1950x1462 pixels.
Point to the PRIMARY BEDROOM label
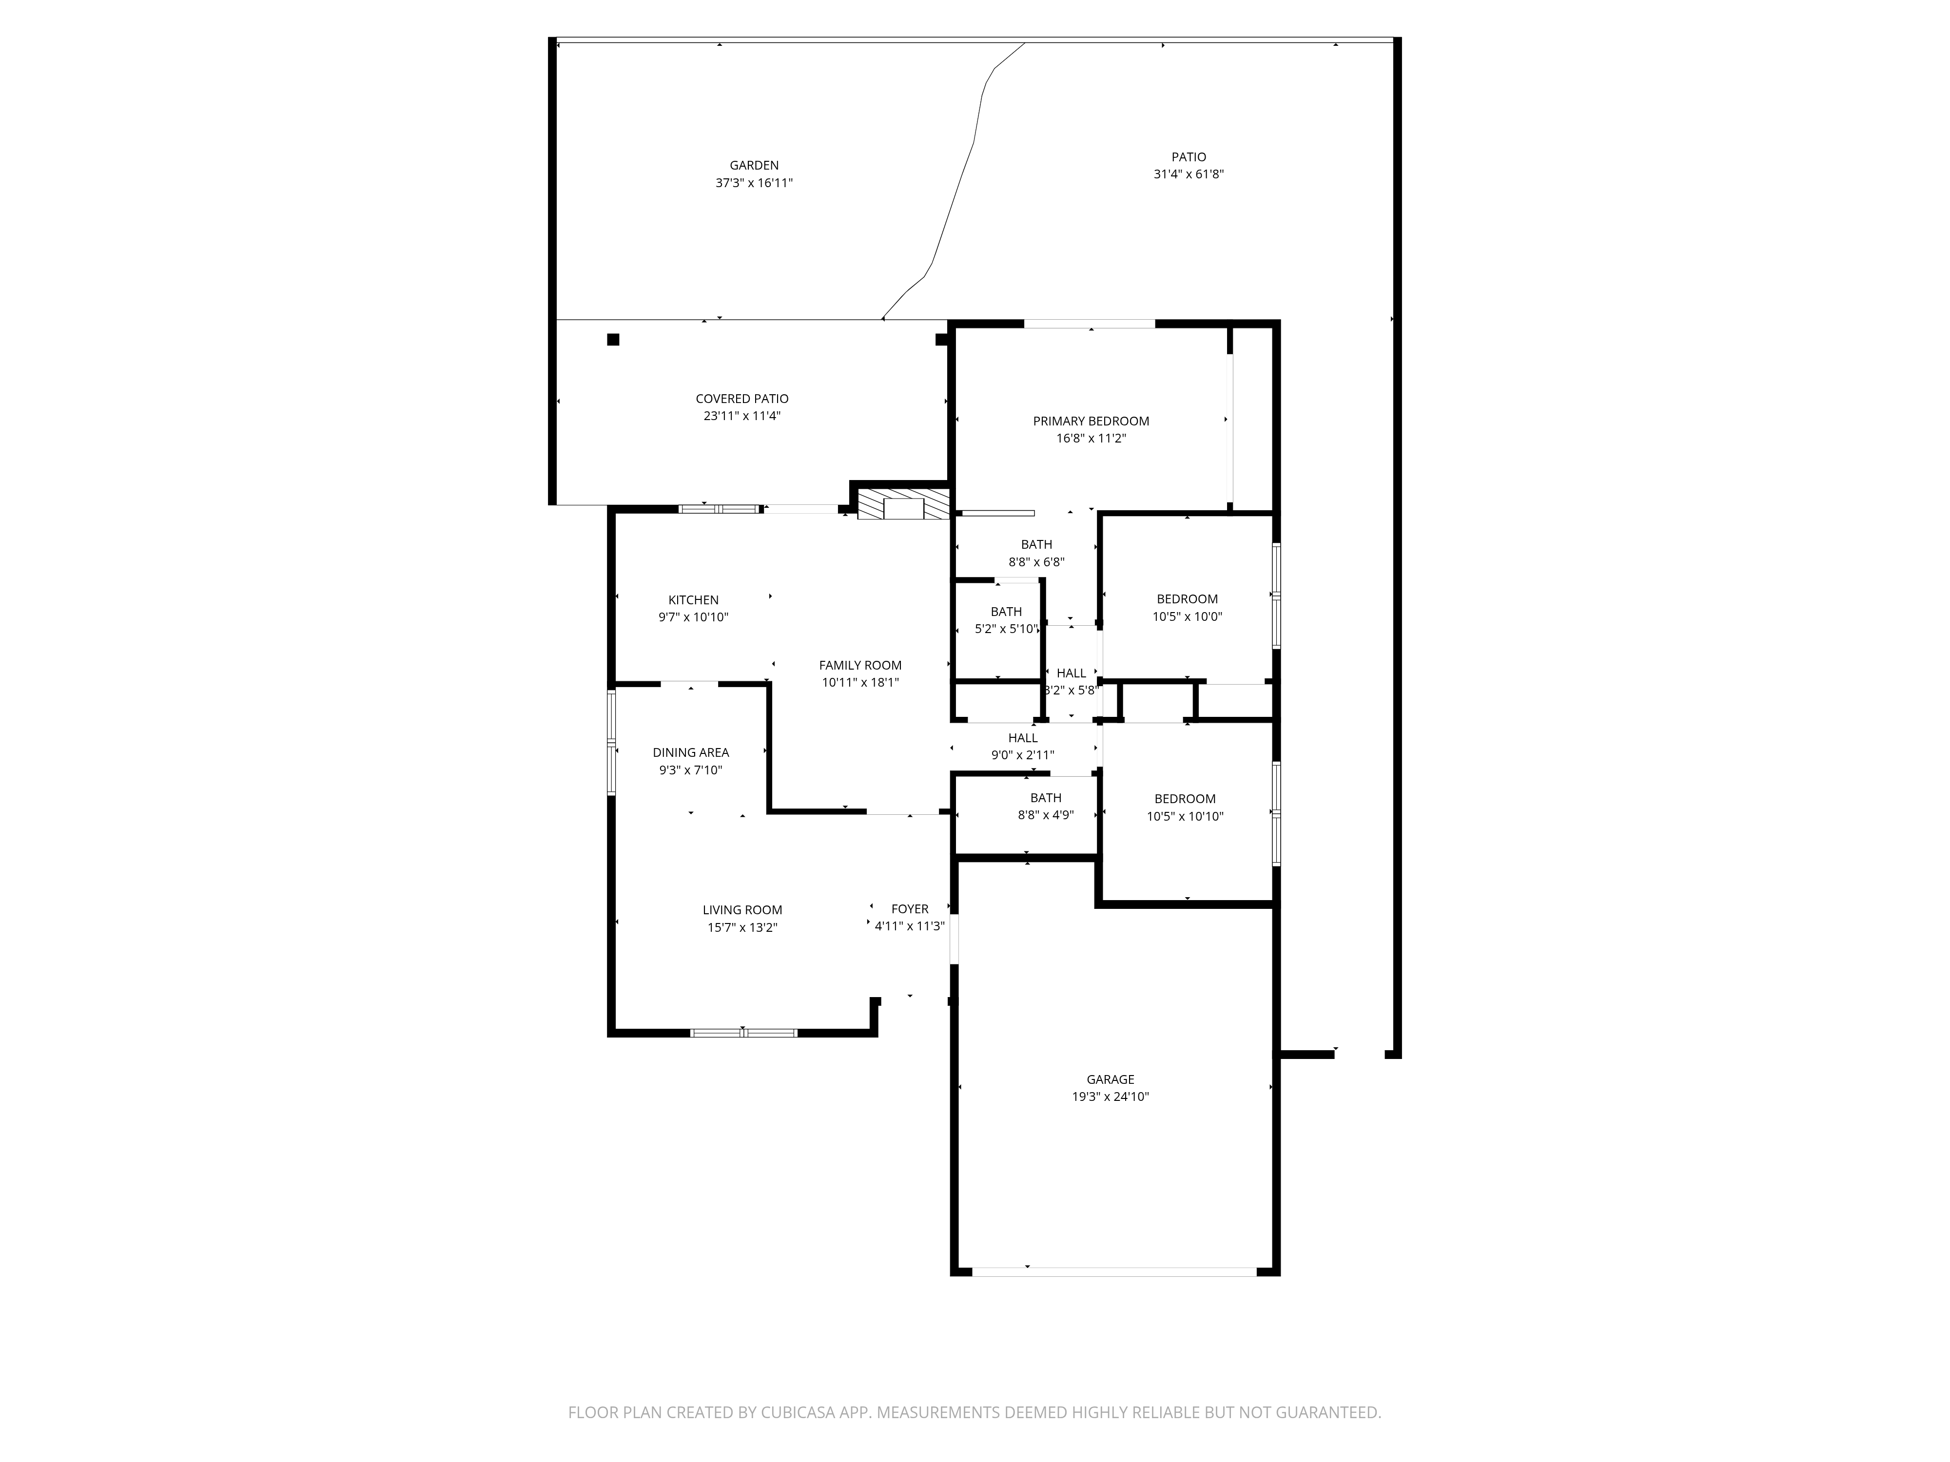pos(1091,421)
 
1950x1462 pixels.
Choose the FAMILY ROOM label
pos(859,665)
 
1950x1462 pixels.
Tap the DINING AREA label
pos(690,752)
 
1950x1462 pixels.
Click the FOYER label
pos(910,908)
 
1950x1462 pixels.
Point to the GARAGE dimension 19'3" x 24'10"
pos(1110,1097)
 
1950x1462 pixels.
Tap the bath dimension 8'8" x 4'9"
pos(1046,815)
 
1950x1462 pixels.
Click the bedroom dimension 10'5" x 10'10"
pos(1185,817)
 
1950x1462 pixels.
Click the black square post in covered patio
pos(613,339)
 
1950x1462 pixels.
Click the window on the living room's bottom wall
pos(743,1033)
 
